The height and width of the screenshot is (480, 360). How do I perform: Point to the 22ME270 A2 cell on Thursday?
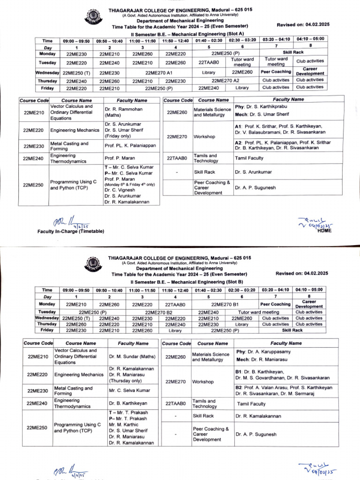point(225,81)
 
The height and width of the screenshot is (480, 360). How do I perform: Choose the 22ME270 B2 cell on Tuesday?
point(159,312)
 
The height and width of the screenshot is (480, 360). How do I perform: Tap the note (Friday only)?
point(119,135)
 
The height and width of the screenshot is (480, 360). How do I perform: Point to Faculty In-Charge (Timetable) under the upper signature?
point(71,232)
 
